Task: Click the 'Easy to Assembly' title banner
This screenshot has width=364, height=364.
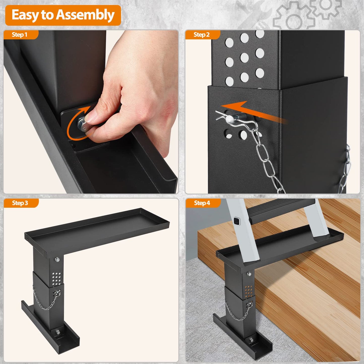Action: [x=63, y=15]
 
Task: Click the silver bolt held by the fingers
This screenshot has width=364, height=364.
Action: [x=83, y=124]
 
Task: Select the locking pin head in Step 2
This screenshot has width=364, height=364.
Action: [x=230, y=120]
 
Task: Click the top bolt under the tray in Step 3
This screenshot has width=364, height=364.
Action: [x=57, y=259]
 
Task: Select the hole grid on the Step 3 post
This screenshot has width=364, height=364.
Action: [x=56, y=278]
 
